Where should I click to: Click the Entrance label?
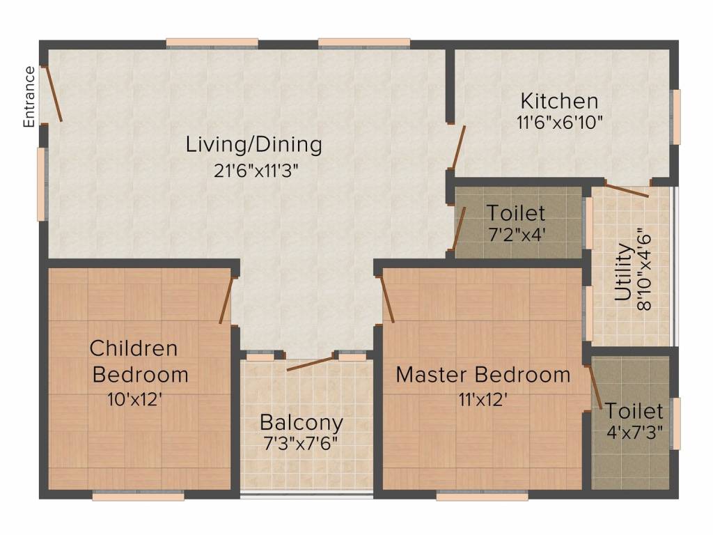point(29,96)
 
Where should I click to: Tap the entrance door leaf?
point(52,94)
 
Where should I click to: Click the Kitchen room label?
point(559,101)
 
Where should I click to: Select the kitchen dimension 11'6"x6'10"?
point(560,123)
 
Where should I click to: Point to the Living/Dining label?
point(253,145)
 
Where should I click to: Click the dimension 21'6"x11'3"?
point(256,171)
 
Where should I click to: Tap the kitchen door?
point(458,147)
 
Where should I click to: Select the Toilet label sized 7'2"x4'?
point(516,213)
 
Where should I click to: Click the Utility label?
point(623,272)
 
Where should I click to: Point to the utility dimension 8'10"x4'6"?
point(644,272)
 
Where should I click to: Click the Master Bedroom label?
point(483,375)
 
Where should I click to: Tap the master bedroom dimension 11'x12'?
point(483,400)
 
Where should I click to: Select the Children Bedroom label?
point(139,362)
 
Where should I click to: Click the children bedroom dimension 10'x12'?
point(135,400)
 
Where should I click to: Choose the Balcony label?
point(301,423)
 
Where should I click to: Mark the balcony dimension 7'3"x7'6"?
point(301,442)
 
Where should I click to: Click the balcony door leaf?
point(311,364)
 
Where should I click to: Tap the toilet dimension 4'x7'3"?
point(634,432)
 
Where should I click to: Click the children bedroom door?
point(226,300)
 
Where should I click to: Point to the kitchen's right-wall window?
point(677,117)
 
